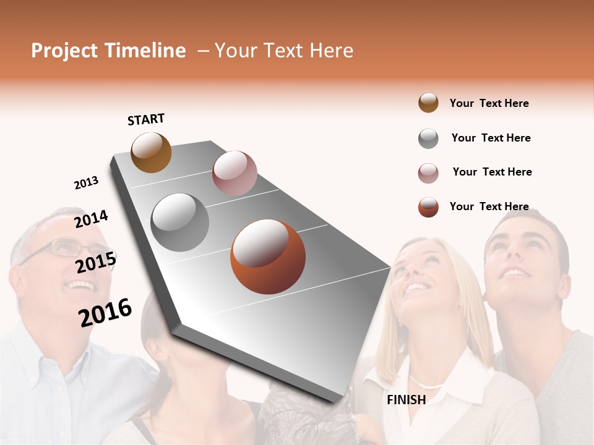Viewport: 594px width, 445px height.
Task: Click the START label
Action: point(146,119)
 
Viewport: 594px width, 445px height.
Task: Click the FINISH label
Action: point(406,400)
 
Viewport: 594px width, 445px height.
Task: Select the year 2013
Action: point(86,182)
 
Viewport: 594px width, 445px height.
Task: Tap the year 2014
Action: point(91,219)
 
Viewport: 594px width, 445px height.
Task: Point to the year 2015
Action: point(96,262)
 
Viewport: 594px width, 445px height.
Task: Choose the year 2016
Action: point(105,312)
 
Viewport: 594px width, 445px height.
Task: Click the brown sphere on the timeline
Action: point(151,152)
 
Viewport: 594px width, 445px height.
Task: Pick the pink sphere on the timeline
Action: point(235,173)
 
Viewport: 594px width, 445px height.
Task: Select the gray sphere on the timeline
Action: point(180,222)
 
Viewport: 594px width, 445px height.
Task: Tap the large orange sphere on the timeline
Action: point(268,256)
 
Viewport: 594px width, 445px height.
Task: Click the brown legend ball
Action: point(428,103)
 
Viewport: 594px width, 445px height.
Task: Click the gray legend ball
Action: point(428,138)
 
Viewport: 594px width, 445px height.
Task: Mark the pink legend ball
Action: point(428,173)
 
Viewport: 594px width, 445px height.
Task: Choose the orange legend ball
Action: point(428,207)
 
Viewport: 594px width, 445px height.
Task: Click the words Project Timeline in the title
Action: point(108,51)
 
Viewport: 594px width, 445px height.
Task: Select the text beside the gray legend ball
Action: point(491,138)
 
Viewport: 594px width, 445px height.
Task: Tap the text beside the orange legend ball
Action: point(489,206)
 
